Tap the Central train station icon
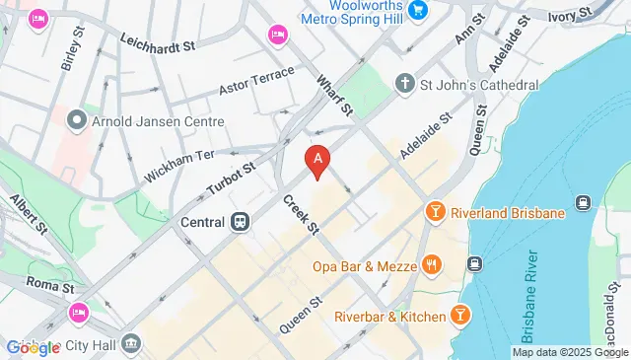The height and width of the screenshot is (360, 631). [240, 222]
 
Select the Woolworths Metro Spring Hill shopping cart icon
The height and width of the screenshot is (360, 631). [418, 13]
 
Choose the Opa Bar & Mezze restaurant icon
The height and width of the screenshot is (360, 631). [430, 265]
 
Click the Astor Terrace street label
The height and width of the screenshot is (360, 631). [257, 80]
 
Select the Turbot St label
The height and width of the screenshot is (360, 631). [232, 180]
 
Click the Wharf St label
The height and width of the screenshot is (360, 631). [334, 94]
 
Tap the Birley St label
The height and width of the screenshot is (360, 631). [67, 55]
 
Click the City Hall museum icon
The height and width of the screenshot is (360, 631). [132, 343]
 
